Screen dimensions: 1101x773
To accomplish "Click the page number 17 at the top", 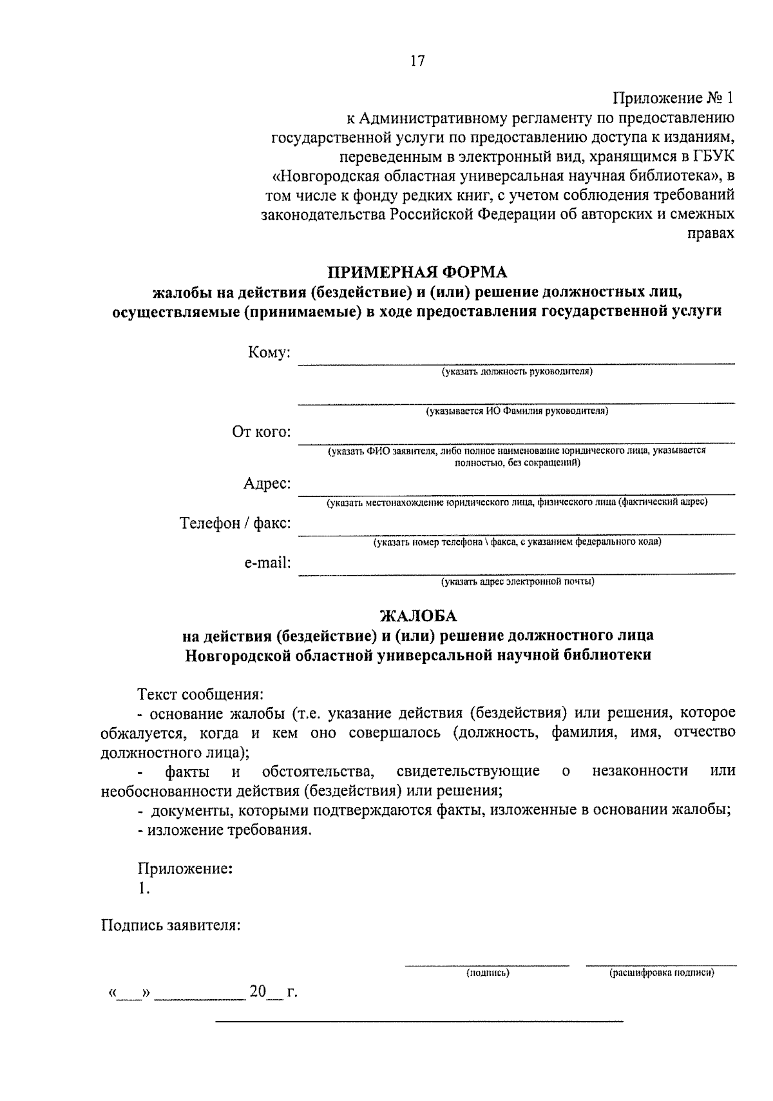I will coord(417,61).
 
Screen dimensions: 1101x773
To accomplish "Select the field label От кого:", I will coord(262,431).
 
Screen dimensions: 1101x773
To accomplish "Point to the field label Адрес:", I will coord(267,483).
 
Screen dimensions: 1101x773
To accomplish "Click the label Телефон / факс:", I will coord(235,523).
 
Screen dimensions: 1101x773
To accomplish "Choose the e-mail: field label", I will coord(267,563).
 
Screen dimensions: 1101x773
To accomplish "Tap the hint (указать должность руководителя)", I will coord(517,371).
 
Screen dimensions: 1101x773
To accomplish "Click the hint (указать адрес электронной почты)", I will coord(517,581).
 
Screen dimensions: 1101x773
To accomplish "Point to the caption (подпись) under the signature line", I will coord(488,973).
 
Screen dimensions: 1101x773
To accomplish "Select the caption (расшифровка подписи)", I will coord(662,973).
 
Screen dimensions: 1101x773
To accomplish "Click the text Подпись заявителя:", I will coord(171,926).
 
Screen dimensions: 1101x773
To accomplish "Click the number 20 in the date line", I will coord(258,991).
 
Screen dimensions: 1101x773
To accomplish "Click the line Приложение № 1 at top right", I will coord(673,99).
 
